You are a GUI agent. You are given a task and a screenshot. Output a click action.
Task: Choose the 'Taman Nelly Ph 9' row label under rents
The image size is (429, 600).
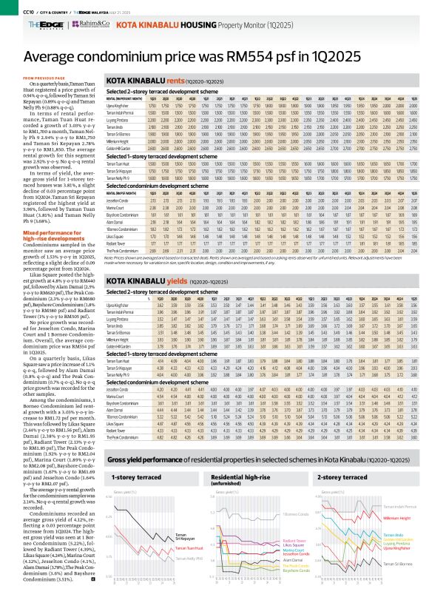tap(119, 177)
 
